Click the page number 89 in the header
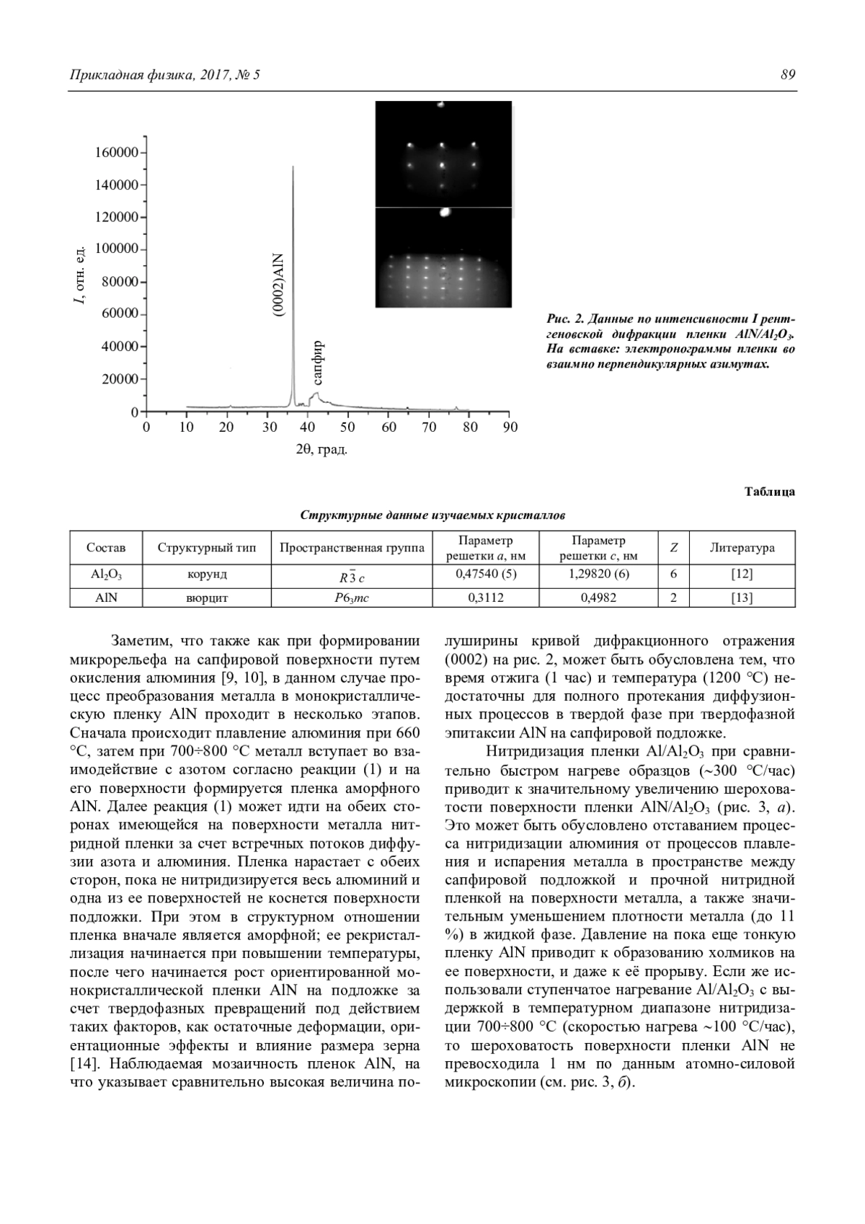pos(787,75)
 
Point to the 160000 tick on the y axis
pos(145,153)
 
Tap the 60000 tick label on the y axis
pos(118,314)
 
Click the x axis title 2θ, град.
pos(321,451)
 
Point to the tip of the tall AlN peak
pos(293,167)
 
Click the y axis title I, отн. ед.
pos(81,274)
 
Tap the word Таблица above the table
pos(769,492)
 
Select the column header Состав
pos(106,548)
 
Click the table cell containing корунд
pos(207,575)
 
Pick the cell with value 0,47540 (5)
pos(487,575)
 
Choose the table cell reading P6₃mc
pos(352,598)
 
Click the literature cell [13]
pos(742,598)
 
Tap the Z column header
pos(673,548)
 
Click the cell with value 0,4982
pos(598,598)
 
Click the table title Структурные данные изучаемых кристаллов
pos(432,515)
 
